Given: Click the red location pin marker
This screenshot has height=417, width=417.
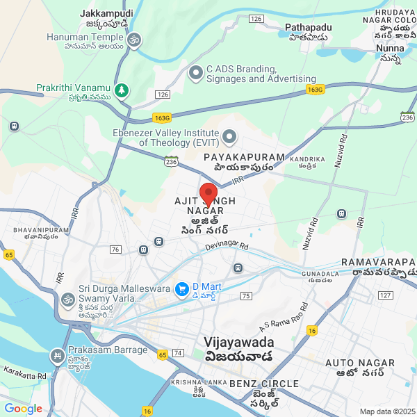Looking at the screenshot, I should click(208, 193).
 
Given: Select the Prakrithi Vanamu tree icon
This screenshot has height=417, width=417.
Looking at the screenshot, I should click(122, 90).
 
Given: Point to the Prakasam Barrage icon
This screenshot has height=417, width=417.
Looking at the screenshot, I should click(56, 357).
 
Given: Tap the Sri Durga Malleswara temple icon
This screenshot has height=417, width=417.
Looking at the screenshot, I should click(67, 300).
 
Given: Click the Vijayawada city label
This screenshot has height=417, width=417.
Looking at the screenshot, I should click(239, 343).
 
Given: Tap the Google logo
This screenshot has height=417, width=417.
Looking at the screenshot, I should click(23, 408).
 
